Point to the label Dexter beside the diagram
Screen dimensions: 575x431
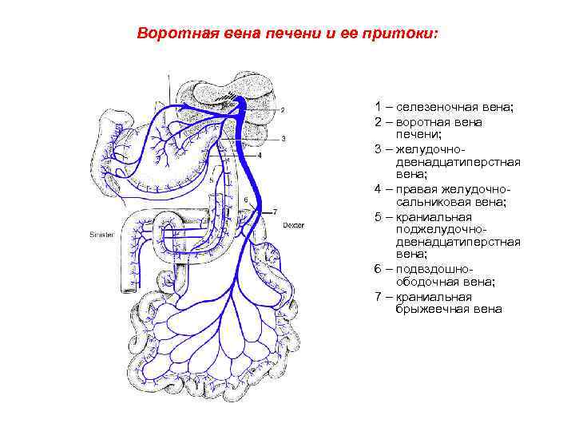(293, 225)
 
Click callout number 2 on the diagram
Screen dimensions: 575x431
(283, 110)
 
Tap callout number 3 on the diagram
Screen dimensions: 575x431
(283, 138)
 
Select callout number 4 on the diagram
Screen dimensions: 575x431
(259, 155)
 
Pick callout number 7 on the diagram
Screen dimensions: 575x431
(275, 212)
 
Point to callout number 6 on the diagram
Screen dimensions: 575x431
(246, 199)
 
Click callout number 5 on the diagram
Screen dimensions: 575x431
(212, 181)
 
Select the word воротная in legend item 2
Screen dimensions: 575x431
(425, 123)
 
